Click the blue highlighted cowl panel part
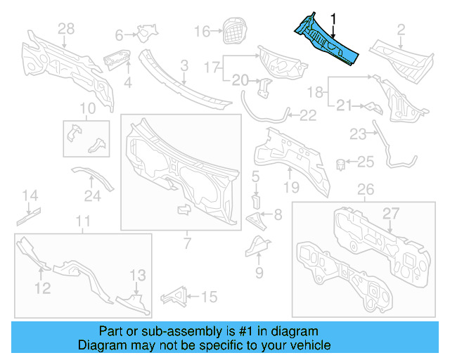pyautogui.click(x=326, y=40)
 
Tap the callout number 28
pyautogui.click(x=65, y=29)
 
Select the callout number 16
pyautogui.click(x=202, y=31)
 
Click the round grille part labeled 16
pyautogui.click(x=234, y=30)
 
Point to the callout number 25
pyautogui.click(x=366, y=162)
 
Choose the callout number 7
pyautogui.click(x=186, y=243)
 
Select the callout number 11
pyautogui.click(x=83, y=222)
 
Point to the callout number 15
pyautogui.click(x=210, y=297)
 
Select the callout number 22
pyautogui.click(x=308, y=115)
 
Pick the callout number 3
pyautogui.click(x=184, y=65)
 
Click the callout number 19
pyautogui.click(x=291, y=187)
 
